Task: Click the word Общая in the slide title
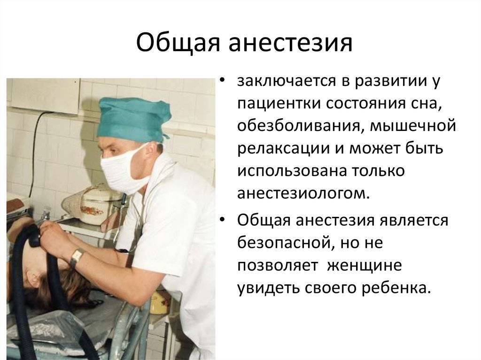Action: tap(178, 43)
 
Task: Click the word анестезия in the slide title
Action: tap(290, 43)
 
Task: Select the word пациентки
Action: tap(279, 104)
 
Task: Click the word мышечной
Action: tap(413, 126)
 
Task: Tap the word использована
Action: tap(292, 171)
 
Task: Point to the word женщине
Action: tap(365, 265)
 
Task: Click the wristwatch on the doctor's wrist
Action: tap(77, 257)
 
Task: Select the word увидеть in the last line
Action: tap(268, 288)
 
